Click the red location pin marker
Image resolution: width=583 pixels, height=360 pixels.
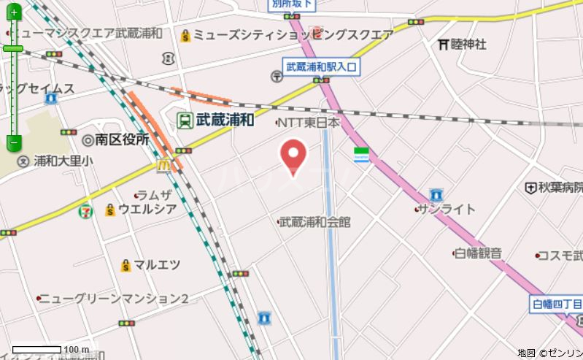(293, 154)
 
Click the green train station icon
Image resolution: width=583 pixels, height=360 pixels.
(185, 118)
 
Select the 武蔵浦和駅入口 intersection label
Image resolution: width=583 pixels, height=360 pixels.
(322, 66)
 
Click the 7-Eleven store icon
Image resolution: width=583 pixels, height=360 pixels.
(86, 211)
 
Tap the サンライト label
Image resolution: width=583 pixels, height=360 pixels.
(448, 210)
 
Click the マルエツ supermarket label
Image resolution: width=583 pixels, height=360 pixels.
(157, 264)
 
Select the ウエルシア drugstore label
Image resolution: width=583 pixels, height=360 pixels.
(147, 210)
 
